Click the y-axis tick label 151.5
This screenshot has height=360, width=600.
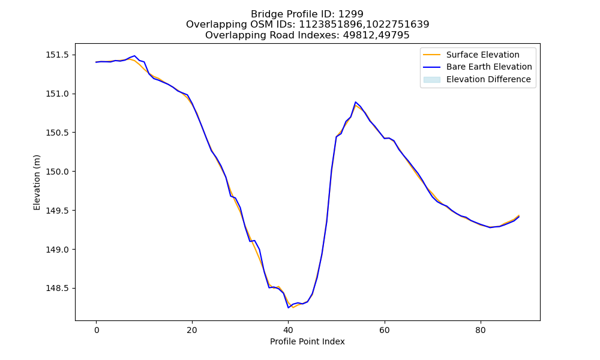[x=58, y=55]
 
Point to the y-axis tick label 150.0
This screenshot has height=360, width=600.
[x=58, y=172]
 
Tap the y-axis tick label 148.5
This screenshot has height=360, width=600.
[x=58, y=289]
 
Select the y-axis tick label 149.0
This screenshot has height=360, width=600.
[x=58, y=250]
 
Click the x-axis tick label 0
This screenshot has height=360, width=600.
[x=97, y=331]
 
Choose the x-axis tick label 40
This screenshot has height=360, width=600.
[x=288, y=331]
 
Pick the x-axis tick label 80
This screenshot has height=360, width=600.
[x=480, y=331]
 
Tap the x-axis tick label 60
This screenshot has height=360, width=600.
[x=384, y=331]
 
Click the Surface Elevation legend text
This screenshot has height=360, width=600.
[x=483, y=55]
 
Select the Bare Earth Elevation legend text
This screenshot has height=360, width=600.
[x=489, y=67]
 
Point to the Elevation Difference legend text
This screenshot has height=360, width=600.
[x=488, y=79]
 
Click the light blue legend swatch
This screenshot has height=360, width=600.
[x=431, y=80]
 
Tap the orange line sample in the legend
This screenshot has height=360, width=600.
[x=431, y=55]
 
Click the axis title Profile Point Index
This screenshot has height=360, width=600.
[x=307, y=341]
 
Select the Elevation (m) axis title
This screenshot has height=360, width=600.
[x=37, y=182]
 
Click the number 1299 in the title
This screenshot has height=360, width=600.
[x=351, y=14]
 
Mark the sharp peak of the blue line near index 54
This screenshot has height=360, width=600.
[x=355, y=102]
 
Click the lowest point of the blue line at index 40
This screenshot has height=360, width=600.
[x=288, y=308]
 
